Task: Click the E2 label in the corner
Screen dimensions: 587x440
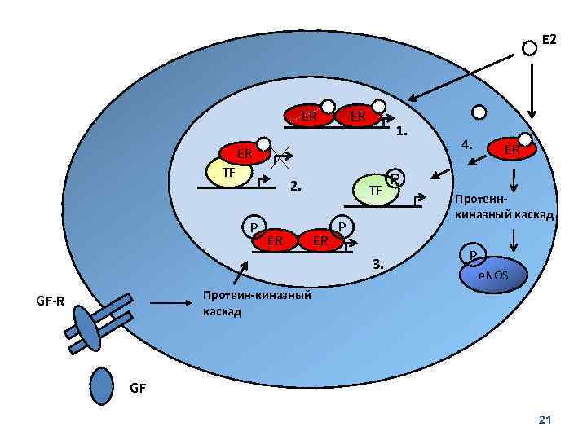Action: click(549, 38)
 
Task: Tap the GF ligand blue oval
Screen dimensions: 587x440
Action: click(101, 385)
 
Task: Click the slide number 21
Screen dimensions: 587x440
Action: click(545, 419)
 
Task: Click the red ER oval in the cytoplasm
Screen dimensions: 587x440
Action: click(511, 149)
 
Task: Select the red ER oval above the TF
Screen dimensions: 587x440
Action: click(243, 153)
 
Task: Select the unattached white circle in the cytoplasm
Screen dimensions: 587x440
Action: click(479, 112)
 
